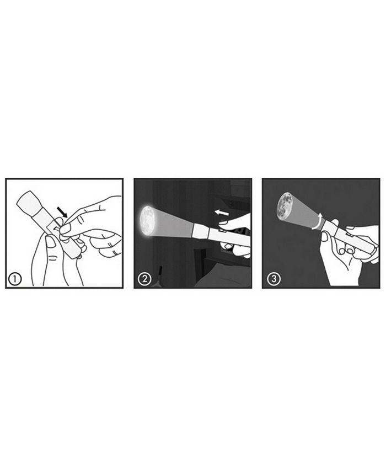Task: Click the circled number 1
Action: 15,279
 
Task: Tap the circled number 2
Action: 144,279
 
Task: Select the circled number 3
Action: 274,279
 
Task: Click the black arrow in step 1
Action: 62,212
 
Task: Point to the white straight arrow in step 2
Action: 222,213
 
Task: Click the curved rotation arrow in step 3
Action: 317,221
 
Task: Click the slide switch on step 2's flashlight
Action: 222,230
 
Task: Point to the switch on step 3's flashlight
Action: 351,234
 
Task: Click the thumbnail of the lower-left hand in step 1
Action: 50,242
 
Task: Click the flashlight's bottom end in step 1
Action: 73,251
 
